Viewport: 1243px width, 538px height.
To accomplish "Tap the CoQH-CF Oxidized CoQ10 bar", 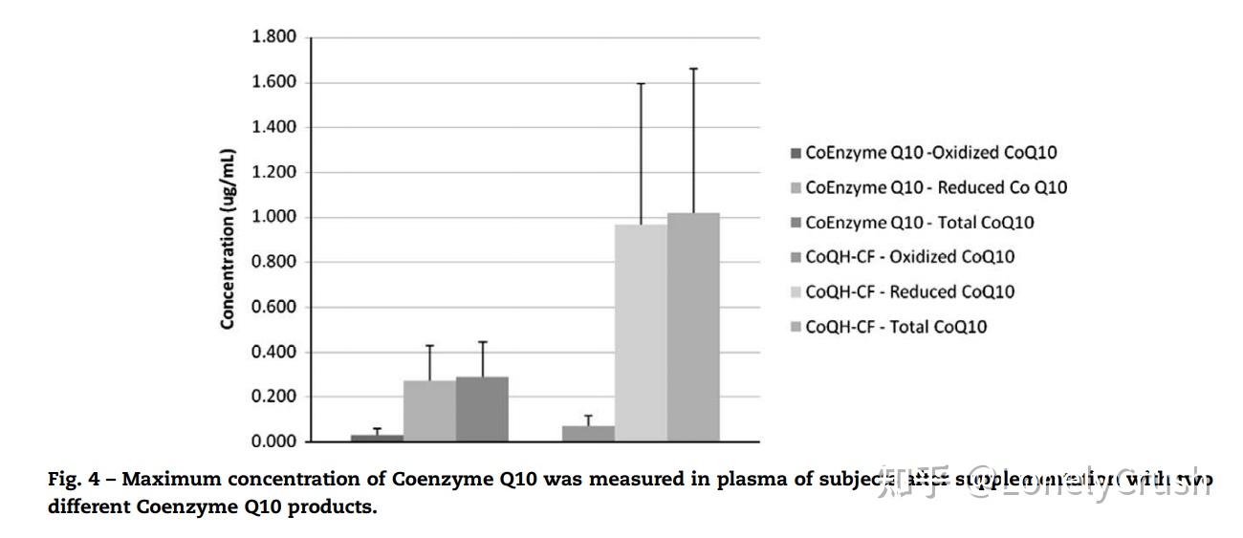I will pyautogui.click(x=588, y=434).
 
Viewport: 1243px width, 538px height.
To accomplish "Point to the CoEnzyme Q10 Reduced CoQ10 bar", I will pyautogui.click(x=429, y=411).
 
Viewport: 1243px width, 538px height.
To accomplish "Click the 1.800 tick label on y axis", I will pyautogui.click(x=274, y=37).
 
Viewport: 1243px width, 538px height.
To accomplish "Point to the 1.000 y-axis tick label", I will pyautogui.click(x=274, y=217).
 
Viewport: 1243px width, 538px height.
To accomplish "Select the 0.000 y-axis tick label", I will pyautogui.click(x=274, y=441).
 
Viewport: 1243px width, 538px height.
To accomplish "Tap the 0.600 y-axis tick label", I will pyautogui.click(x=274, y=307).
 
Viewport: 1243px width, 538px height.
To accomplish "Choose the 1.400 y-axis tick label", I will pyautogui.click(x=274, y=127).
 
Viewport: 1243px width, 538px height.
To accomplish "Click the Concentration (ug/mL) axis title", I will pyautogui.click(x=228, y=239).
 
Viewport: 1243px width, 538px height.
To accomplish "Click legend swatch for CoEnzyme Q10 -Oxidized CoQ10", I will pyautogui.click(x=796, y=153).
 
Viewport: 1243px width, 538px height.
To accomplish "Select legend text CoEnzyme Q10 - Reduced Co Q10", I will pyautogui.click(x=936, y=187).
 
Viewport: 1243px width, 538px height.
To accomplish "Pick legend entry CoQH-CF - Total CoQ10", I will pyautogui.click(x=896, y=327).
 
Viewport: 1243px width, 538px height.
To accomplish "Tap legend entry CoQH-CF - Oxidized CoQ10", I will pyautogui.click(x=909, y=257).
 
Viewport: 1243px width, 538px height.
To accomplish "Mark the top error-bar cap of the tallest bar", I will pyautogui.click(x=693, y=69).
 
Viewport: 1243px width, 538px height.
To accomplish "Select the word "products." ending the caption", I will pyautogui.click(x=336, y=506).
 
